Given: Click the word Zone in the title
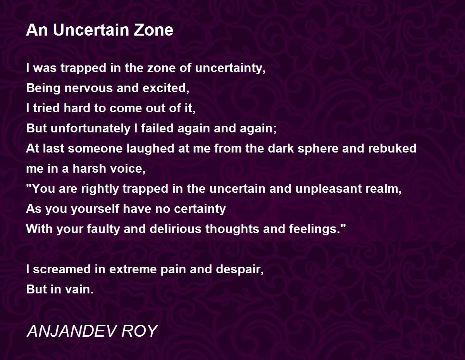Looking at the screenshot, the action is (x=153, y=30).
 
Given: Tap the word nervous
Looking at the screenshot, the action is (x=89, y=88).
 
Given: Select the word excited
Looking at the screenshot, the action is (x=166, y=88).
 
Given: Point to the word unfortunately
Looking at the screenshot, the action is (x=91, y=128).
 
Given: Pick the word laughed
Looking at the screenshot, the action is (x=150, y=148).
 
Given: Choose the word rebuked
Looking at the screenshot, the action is (x=392, y=148).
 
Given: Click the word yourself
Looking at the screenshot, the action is (x=95, y=209).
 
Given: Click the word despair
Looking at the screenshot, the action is (x=239, y=269).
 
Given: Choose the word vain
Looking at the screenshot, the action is (x=79, y=290).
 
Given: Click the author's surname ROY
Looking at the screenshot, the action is (x=140, y=331).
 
